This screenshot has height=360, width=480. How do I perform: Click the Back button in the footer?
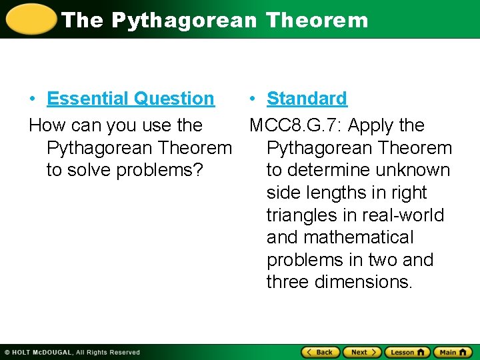pyautogui.click(x=319, y=352)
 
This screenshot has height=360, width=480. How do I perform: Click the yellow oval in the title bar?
pyautogui.click(x=29, y=19)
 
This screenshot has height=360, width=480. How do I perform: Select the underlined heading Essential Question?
pyautogui.click(x=131, y=99)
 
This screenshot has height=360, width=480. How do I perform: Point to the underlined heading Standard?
pyautogui.click(x=307, y=99)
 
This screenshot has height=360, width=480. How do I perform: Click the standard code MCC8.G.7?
pyautogui.click(x=295, y=125)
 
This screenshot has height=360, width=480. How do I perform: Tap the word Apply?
pyautogui.click(x=371, y=125)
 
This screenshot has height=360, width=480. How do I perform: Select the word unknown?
pyautogui.click(x=414, y=170)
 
